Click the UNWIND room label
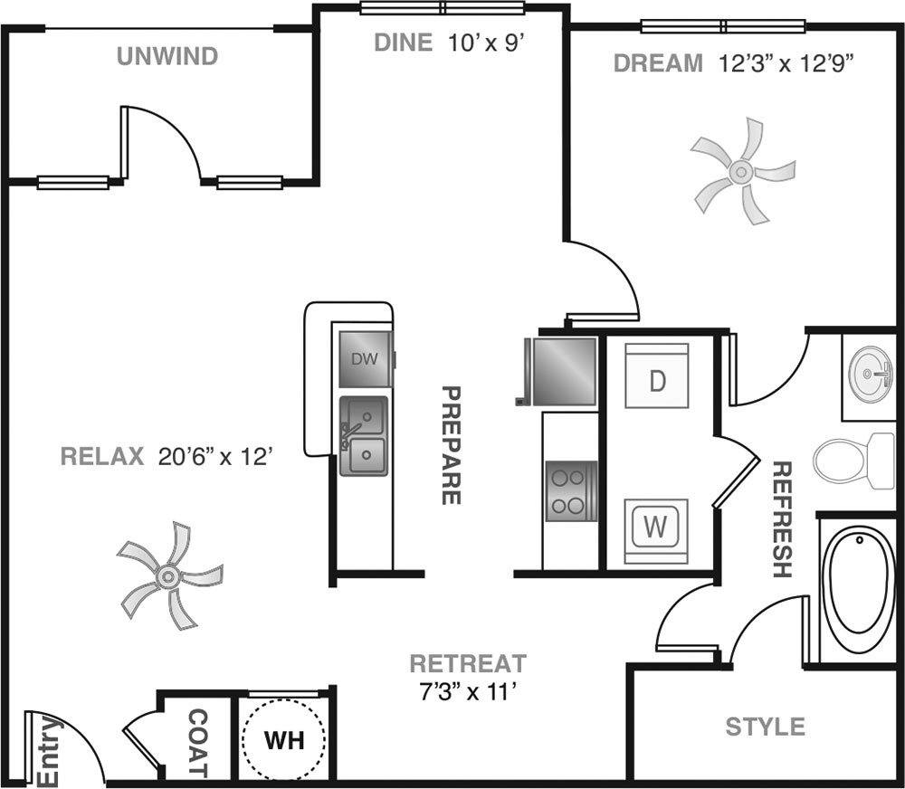[x=167, y=57]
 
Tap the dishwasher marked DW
[x=365, y=359]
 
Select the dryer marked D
[x=657, y=375]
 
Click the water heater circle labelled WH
[x=284, y=739]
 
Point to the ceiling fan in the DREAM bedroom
[x=741, y=171]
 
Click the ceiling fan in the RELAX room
[x=168, y=575]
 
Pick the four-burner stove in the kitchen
[x=570, y=490]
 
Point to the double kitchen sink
[x=364, y=436]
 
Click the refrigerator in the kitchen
[x=563, y=371]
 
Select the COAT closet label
[x=198, y=744]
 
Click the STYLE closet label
[x=766, y=726]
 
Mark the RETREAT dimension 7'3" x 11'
[x=467, y=691]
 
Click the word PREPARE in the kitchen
[x=451, y=445]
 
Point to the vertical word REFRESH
[x=782, y=519]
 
